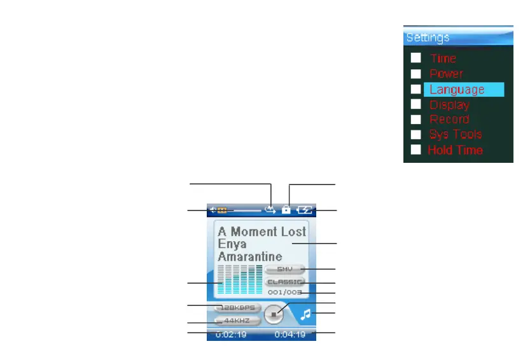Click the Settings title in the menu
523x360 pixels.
tap(428, 38)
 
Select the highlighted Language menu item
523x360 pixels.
tap(457, 90)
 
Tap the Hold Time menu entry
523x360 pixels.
tap(455, 150)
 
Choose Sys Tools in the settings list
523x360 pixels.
tap(455, 134)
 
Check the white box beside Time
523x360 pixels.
tap(415, 58)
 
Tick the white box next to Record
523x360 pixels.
tap(415, 119)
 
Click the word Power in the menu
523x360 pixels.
tap(446, 74)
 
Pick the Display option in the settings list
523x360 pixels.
tap(449, 104)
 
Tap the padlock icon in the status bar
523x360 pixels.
tap(286, 209)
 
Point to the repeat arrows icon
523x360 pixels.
tap(271, 209)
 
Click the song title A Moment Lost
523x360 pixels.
tap(261, 232)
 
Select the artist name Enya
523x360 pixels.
tap(232, 244)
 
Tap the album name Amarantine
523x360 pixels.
tap(249, 256)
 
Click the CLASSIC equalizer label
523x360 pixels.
tap(285, 281)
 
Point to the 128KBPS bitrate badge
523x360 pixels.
tap(236, 307)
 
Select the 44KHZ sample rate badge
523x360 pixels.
tap(236, 321)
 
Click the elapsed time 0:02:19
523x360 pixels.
tap(230, 334)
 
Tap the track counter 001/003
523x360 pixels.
tap(284, 293)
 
